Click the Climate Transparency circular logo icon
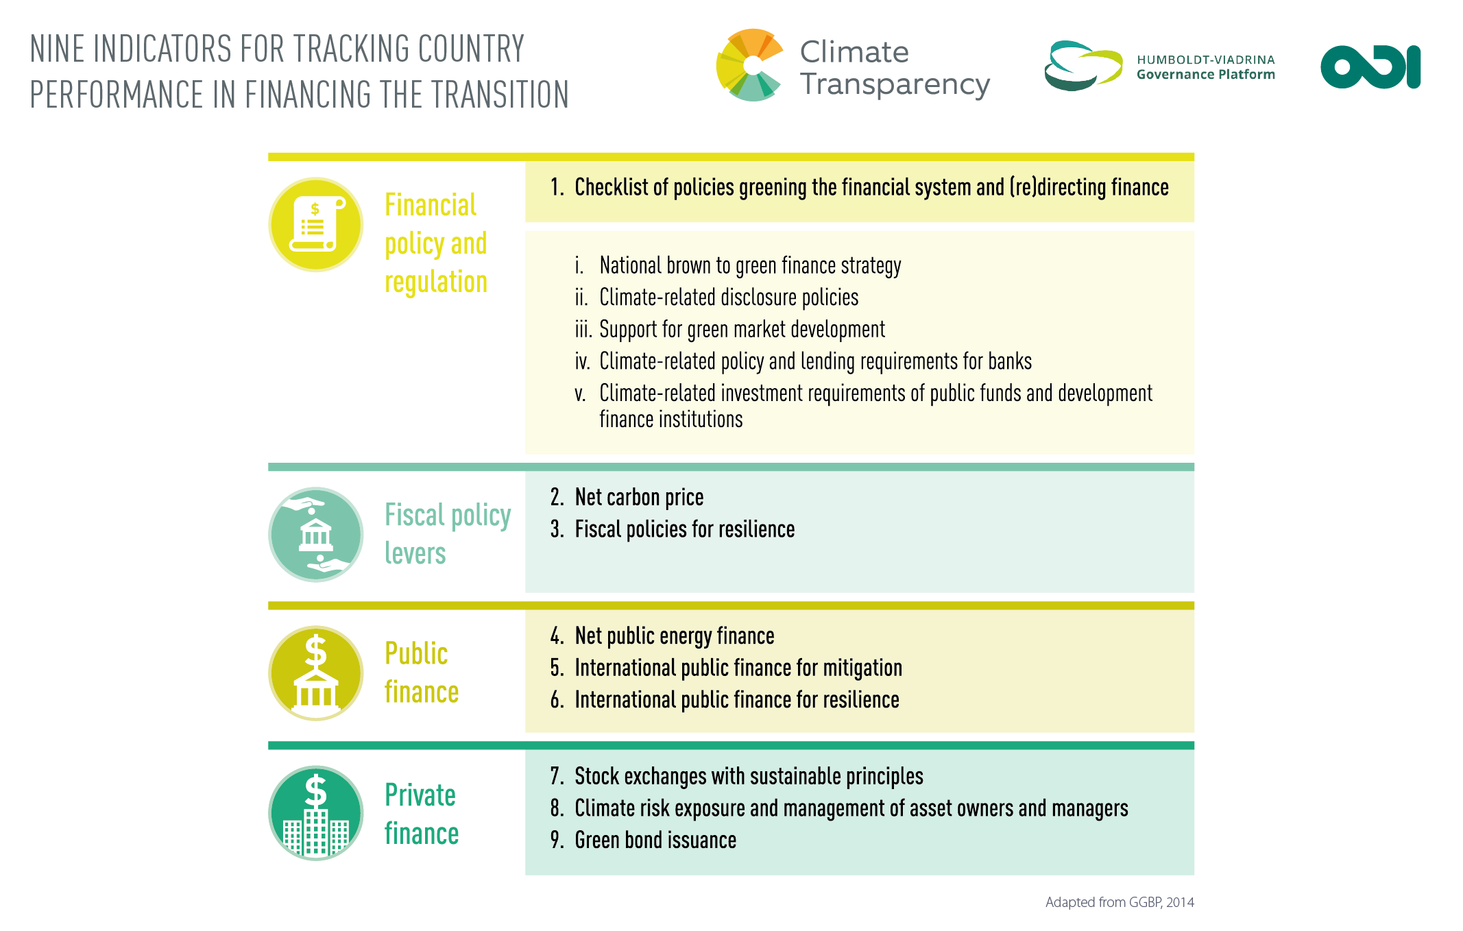(750, 65)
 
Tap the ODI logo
(1370, 67)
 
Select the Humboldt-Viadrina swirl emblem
(1083, 66)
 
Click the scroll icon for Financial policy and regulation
(316, 224)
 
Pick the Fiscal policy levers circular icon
(316, 534)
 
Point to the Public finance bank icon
(316, 673)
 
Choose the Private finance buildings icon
(316, 813)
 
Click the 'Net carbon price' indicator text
(639, 497)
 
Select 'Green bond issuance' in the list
(655, 840)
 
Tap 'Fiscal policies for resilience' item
(685, 529)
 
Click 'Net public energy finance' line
(675, 636)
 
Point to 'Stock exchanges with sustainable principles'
(749, 776)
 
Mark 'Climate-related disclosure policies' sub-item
(729, 298)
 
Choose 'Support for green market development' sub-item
(742, 329)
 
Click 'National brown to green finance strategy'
(750, 265)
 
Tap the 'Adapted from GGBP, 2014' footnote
(1120, 902)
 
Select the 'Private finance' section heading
(422, 814)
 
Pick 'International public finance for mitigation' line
(738, 668)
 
